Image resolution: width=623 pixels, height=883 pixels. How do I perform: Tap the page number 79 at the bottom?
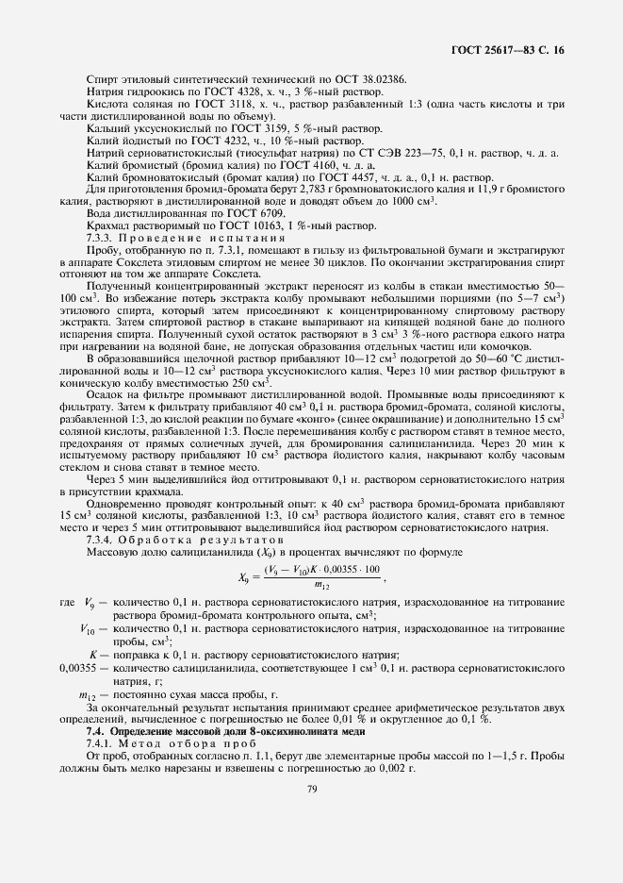[310, 804]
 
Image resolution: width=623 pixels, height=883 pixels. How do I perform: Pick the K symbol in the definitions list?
[93, 654]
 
